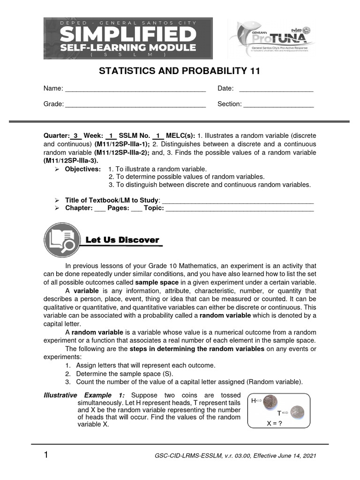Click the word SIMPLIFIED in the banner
tap(127, 34)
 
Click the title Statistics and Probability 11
tap(179, 71)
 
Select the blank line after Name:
tap(135, 90)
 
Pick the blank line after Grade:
tap(135, 105)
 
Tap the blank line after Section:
tap(278, 105)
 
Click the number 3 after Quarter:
tap(76, 136)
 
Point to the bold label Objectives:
tap(82, 169)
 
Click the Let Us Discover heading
tap(122, 240)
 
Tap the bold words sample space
tap(157, 283)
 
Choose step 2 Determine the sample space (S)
tap(124, 374)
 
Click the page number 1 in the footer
tap(46, 455)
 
